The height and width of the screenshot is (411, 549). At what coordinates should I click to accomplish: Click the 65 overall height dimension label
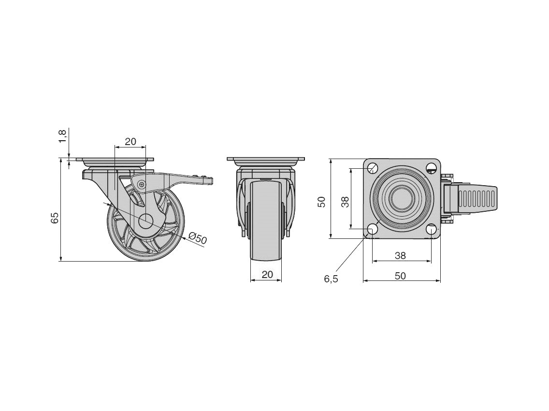click(55, 218)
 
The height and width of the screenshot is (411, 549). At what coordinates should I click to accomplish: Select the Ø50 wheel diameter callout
click(198, 238)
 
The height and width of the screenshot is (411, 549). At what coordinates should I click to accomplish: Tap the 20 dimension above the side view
click(130, 142)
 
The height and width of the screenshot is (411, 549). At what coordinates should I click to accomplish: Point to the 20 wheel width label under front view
click(267, 274)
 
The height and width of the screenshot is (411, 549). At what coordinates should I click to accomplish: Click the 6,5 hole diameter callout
click(331, 279)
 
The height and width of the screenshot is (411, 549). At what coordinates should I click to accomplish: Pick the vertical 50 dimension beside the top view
click(321, 202)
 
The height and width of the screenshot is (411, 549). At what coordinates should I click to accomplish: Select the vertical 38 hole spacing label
click(345, 202)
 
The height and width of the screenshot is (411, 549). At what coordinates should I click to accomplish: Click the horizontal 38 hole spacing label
click(400, 255)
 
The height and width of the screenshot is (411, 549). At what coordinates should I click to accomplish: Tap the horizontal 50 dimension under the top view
click(400, 276)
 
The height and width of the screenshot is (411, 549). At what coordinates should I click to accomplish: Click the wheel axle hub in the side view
click(145, 221)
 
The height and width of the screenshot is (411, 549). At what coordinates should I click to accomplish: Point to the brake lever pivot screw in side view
click(141, 184)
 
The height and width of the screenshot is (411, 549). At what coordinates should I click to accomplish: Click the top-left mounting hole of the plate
click(373, 168)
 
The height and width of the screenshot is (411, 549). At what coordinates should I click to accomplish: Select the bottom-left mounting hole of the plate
click(373, 229)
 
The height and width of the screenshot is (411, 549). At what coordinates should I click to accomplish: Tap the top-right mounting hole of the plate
click(431, 168)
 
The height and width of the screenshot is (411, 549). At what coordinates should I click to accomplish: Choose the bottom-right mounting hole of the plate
click(431, 229)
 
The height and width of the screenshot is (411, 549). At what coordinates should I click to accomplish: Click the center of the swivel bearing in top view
click(401, 198)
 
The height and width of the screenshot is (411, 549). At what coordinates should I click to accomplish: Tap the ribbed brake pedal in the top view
click(476, 199)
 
